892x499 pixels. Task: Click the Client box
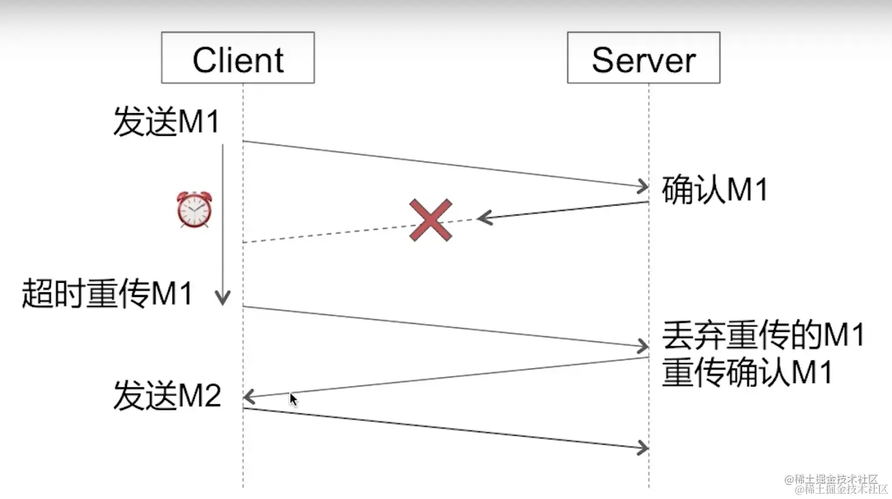(x=238, y=58)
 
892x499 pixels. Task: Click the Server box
(x=643, y=58)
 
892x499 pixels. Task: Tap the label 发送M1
(x=166, y=122)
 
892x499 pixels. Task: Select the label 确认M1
(x=714, y=190)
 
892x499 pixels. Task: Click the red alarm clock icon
(x=194, y=210)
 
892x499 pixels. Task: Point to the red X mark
(x=431, y=220)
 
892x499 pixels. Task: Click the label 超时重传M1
(x=107, y=293)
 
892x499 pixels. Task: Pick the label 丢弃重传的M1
(x=763, y=335)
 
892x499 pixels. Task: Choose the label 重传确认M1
(x=747, y=372)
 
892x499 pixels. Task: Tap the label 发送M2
(x=167, y=395)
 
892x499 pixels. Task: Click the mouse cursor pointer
(x=293, y=399)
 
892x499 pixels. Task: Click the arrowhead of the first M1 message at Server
(x=644, y=187)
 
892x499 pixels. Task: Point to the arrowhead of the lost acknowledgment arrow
(x=483, y=218)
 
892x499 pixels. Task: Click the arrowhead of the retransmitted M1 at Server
(x=644, y=346)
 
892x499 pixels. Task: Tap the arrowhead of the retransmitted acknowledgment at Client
(x=248, y=397)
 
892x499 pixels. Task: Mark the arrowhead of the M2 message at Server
(x=644, y=448)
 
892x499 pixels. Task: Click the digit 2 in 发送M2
(x=212, y=396)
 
